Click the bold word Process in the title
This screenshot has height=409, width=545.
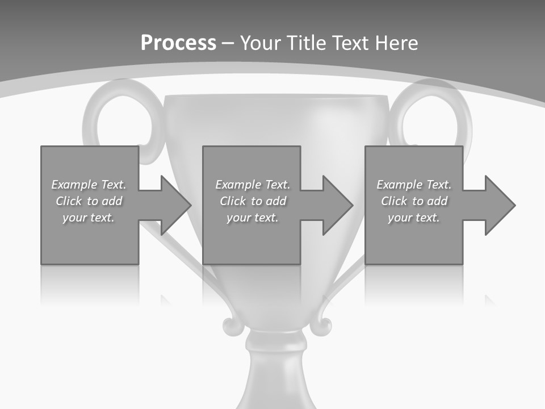178,43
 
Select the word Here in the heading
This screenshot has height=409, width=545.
397,43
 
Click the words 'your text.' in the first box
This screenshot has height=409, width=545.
89,218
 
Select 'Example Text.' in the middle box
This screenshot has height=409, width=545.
252,185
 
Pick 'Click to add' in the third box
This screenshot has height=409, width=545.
414,201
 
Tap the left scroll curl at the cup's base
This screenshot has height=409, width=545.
231,325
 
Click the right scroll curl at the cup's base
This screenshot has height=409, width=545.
322,325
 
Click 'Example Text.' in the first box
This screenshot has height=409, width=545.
89,185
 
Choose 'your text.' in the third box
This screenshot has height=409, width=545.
414,218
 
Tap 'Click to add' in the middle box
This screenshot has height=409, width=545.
252,201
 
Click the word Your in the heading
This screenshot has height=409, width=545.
262,43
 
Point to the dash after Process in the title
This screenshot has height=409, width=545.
228,43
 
